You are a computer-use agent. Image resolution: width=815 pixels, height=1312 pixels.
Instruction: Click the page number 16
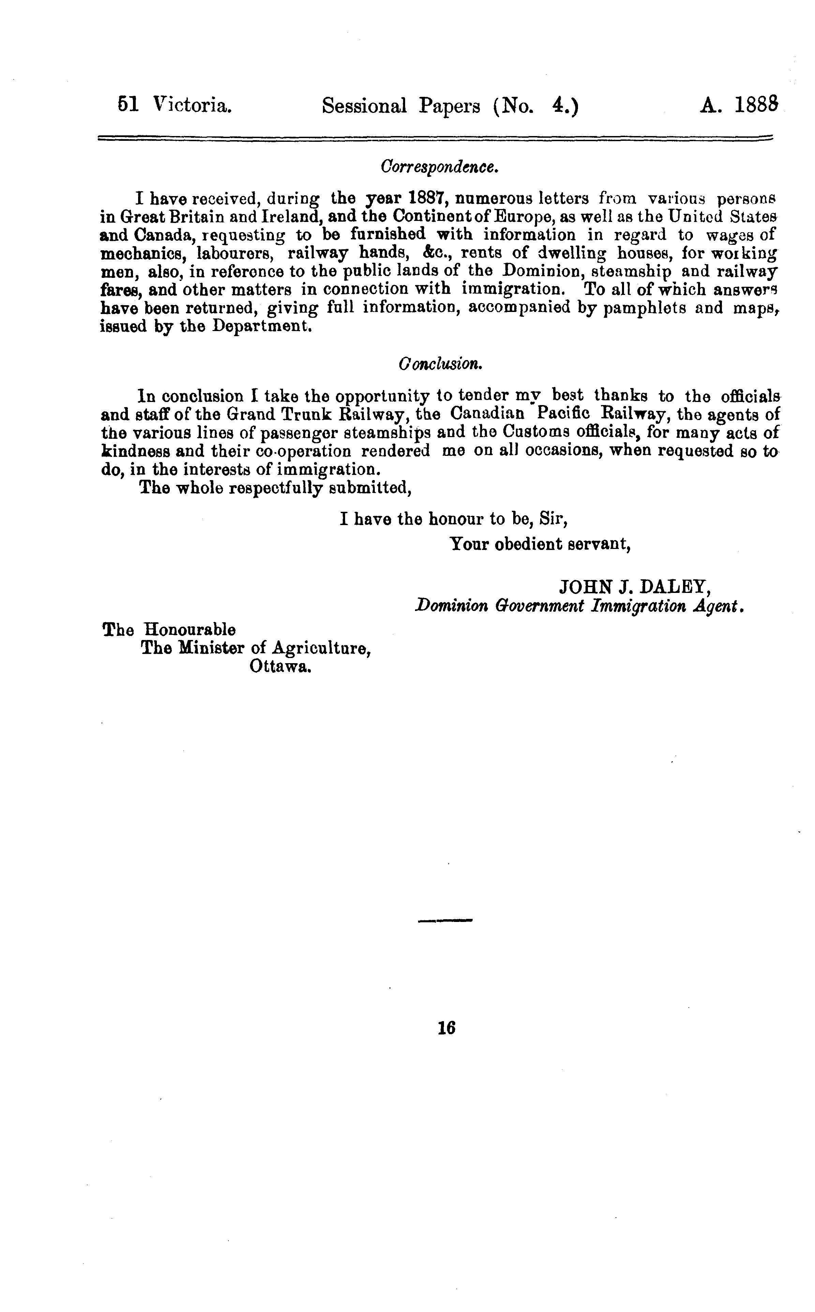[x=447, y=1028]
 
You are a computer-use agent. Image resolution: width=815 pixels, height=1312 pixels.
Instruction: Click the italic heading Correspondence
[x=439, y=167]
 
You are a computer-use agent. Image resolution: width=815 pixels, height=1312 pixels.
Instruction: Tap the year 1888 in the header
[x=756, y=106]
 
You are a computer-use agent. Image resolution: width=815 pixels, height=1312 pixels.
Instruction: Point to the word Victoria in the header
[x=192, y=106]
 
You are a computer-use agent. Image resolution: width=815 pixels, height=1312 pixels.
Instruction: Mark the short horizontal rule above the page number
[x=445, y=921]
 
